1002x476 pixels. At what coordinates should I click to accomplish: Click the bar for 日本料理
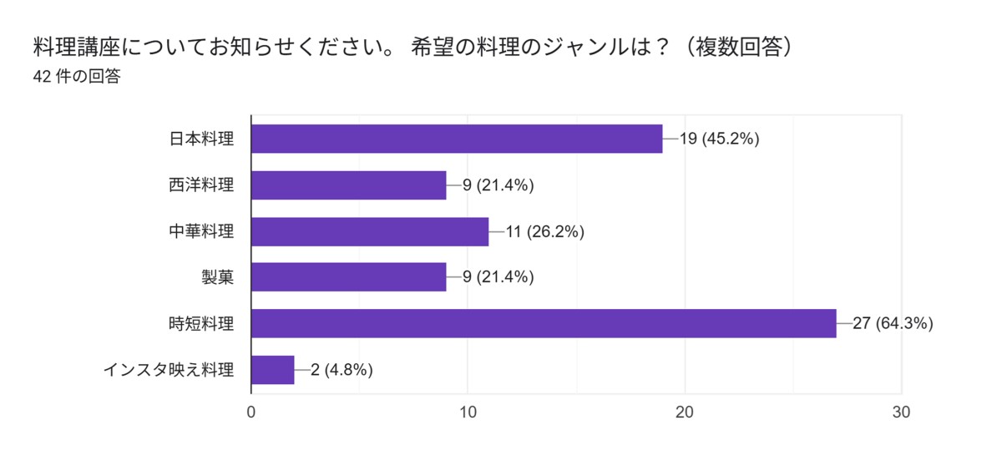click(456, 139)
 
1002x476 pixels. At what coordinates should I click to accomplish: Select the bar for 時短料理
click(543, 323)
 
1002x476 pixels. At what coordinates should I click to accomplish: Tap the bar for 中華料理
click(369, 231)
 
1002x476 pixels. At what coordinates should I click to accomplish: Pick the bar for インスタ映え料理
click(272, 369)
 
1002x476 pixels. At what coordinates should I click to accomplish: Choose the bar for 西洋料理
click(348, 185)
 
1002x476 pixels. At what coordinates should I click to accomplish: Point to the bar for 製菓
click(348, 277)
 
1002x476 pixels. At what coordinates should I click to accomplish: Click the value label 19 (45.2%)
click(719, 139)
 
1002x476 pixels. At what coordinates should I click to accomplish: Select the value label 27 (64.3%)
click(893, 323)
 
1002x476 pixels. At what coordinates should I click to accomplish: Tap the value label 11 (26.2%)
click(544, 231)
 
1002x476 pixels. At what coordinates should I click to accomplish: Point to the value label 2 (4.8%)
click(342, 369)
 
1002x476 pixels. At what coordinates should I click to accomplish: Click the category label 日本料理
click(201, 139)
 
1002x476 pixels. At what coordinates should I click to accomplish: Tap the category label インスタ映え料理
click(169, 369)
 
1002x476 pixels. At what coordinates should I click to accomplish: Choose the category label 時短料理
click(201, 323)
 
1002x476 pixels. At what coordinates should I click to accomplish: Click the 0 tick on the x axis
click(251, 413)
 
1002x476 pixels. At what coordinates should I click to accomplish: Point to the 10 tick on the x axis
click(468, 413)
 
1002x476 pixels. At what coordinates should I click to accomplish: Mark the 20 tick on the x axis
click(685, 413)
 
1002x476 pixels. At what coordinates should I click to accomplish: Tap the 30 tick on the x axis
click(902, 413)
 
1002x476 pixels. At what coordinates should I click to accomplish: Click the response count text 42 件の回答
click(77, 77)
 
